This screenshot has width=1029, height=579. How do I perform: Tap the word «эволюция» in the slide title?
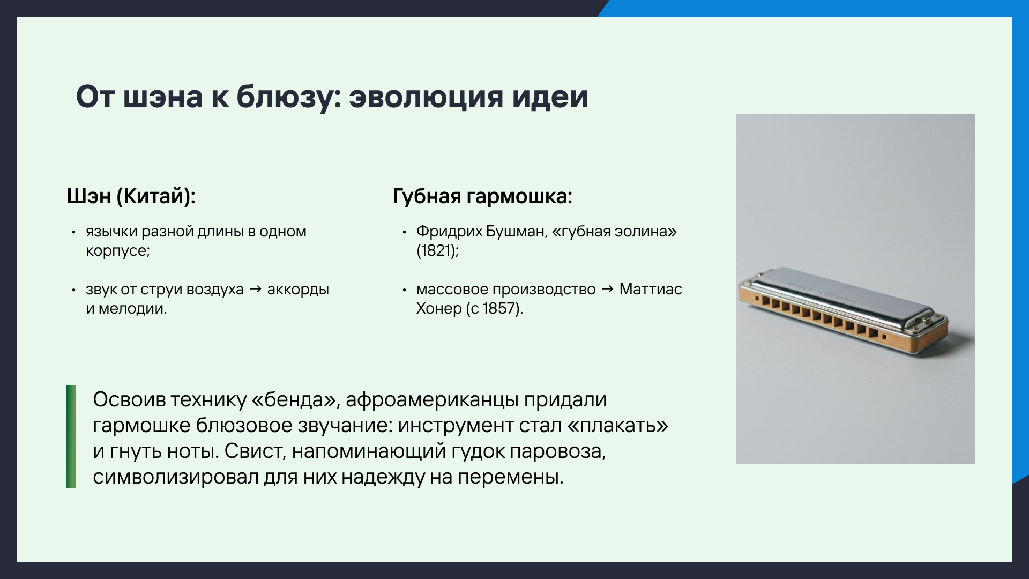(426, 98)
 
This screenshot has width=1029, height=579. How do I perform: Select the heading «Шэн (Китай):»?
(131, 196)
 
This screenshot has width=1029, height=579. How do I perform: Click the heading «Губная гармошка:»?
(482, 196)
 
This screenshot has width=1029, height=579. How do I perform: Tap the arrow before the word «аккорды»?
(256, 289)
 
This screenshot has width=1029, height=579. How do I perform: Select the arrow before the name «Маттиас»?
(607, 289)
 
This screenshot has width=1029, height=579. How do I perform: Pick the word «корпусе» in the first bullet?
(116, 251)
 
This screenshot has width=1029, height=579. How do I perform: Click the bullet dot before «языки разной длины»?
(74, 232)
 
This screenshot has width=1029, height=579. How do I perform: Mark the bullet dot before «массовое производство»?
(405, 290)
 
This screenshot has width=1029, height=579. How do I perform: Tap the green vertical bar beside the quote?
(71, 437)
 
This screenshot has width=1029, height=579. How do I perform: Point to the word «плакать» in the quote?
(617, 426)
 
